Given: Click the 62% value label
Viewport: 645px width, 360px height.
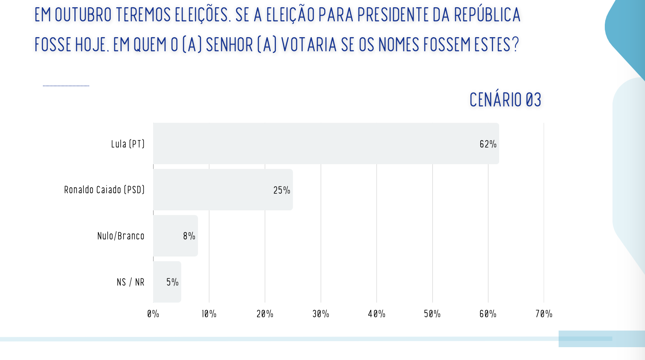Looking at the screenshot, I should click(x=488, y=144).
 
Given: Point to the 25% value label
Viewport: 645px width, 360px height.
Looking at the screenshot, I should click(x=281, y=190).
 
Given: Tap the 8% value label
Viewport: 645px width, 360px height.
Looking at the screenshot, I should click(x=189, y=236).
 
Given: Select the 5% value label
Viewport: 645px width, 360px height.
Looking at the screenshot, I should click(x=172, y=282).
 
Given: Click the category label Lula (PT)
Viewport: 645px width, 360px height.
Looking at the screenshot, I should click(x=128, y=144).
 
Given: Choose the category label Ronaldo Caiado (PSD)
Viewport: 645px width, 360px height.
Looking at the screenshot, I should click(x=104, y=190).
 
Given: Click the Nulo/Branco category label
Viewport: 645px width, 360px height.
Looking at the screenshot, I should click(x=121, y=236).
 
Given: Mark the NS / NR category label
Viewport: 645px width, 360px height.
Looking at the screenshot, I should click(x=130, y=282).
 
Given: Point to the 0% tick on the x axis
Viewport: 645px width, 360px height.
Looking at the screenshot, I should click(x=153, y=314).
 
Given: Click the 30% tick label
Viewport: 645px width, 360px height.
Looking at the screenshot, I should click(x=321, y=314).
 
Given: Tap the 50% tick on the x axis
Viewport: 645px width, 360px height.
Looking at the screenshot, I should click(x=432, y=314).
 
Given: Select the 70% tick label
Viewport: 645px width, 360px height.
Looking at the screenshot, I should click(x=544, y=314).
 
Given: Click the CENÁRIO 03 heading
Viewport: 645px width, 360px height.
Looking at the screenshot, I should click(x=505, y=100).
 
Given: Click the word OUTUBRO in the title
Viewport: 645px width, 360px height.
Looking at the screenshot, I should click(x=83, y=15).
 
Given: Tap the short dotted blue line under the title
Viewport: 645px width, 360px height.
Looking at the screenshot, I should click(x=66, y=86).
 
